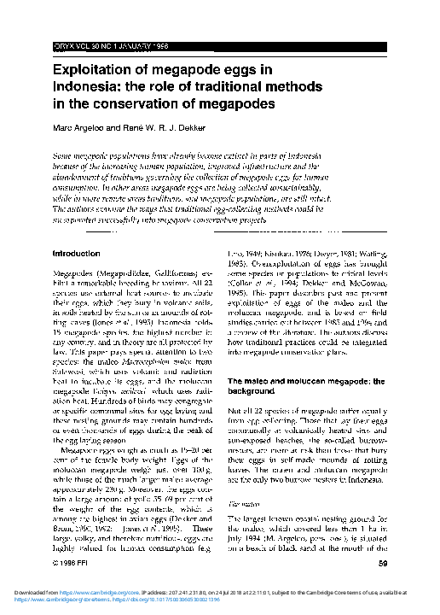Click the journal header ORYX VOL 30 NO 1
coord(95,44)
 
